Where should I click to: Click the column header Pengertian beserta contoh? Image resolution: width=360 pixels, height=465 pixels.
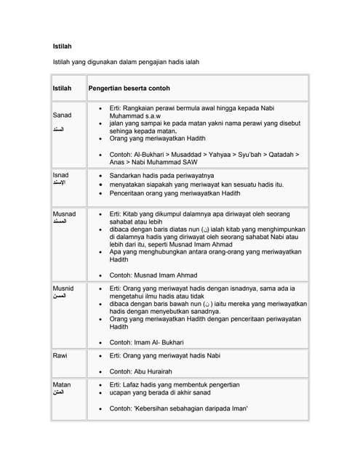click(129, 89)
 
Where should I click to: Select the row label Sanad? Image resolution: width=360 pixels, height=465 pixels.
click(63, 116)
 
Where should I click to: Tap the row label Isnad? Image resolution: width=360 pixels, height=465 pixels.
click(61, 176)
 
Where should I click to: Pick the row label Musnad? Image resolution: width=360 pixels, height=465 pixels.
click(65, 214)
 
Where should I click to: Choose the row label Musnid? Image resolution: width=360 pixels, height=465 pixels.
click(64, 288)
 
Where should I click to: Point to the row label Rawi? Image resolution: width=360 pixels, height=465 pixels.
click(60, 355)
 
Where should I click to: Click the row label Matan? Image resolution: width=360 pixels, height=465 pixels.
click(62, 384)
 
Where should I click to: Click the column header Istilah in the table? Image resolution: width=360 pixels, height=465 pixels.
click(63, 89)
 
